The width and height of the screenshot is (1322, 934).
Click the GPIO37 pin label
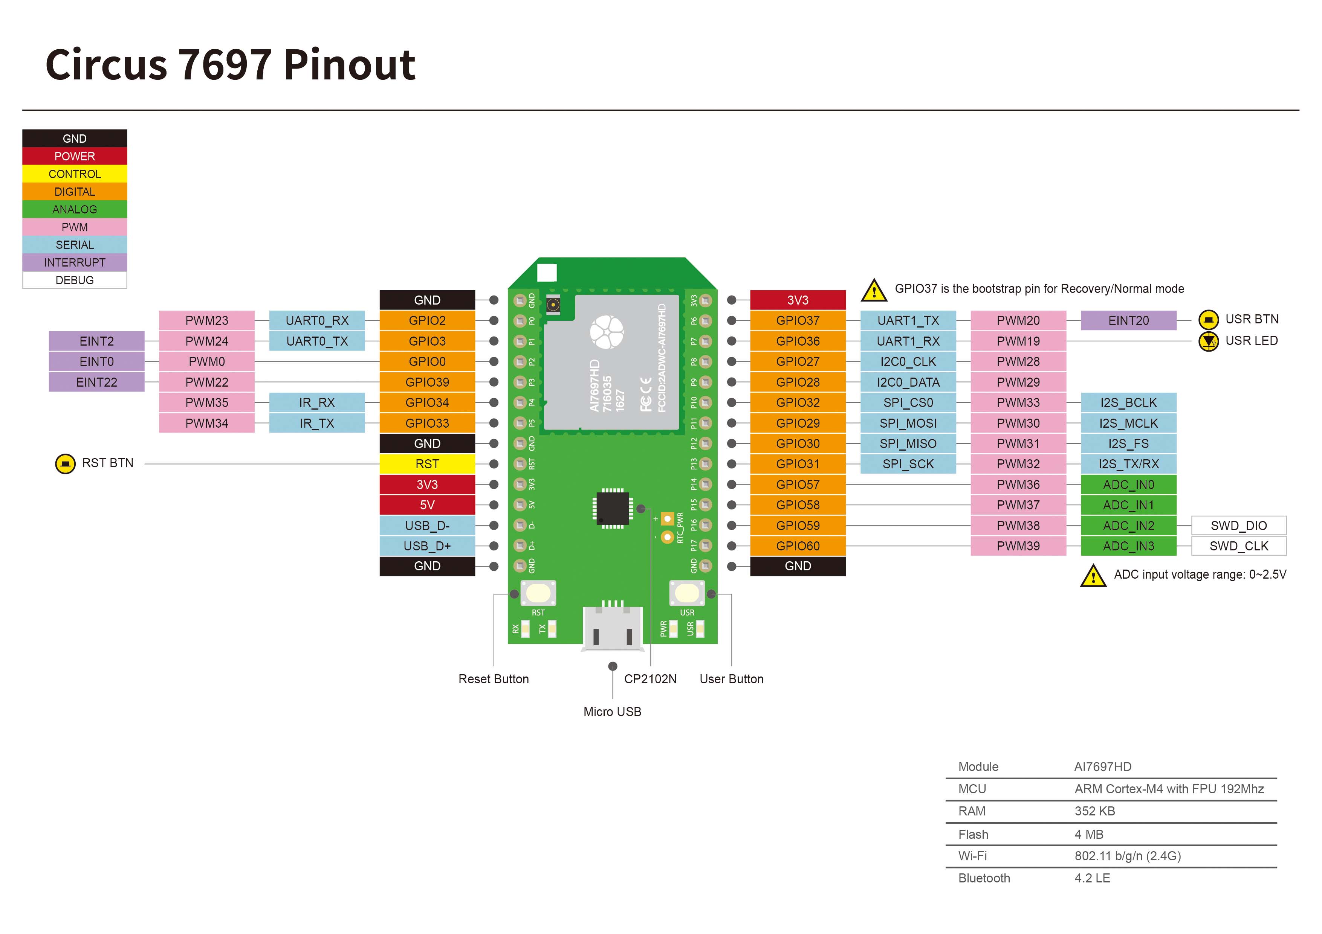[798, 320]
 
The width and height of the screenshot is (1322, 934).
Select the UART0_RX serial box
[317, 320]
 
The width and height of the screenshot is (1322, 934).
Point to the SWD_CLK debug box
[1238, 545]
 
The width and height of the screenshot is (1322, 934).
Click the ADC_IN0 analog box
[1128, 485]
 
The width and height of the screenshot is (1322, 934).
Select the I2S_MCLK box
[1128, 423]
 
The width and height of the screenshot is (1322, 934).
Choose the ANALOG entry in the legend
[74, 209]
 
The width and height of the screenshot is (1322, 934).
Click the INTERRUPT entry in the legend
[74, 262]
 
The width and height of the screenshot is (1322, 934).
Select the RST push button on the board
[538, 593]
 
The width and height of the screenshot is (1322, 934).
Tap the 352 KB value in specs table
[1094, 811]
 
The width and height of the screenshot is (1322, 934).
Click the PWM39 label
[1018, 545]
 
